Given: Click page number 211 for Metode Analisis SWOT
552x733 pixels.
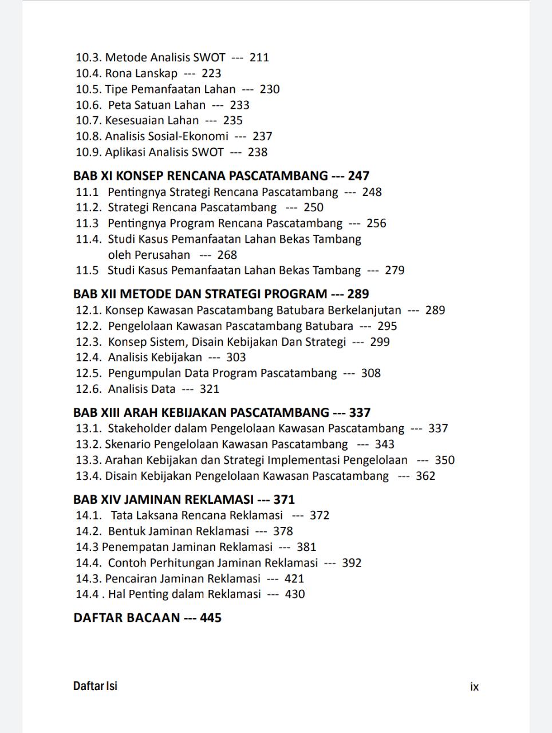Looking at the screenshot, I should pos(259,57).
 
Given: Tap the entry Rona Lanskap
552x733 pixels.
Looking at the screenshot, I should pos(141,73).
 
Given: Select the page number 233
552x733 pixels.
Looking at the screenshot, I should pos(239,105).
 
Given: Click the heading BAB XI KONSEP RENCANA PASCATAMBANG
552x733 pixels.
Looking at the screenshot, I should pos(200,176).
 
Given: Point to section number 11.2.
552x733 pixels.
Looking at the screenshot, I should pos(88,207).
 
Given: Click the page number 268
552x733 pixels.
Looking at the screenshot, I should pos(227,255).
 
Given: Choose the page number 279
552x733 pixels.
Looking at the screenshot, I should pos(395,270).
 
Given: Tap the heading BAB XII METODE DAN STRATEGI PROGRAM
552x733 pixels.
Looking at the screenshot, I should pos(200,294).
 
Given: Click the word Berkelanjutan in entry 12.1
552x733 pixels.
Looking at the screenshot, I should pos(364,310).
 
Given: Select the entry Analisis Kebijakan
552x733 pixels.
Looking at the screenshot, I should pos(155,357).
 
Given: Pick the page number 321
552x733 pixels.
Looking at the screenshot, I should pos(209,389).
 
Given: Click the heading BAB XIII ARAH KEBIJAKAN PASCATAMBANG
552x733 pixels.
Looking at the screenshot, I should pos(201,412).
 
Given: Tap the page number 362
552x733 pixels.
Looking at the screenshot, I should pos(425,476).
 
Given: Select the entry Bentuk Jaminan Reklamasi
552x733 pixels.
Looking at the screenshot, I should pos(178,531).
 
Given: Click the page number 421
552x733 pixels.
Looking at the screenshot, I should pos(294,578).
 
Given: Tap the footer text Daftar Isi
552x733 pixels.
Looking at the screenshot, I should pos(95,686).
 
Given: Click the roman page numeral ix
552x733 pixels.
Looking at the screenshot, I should pos(474,687).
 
